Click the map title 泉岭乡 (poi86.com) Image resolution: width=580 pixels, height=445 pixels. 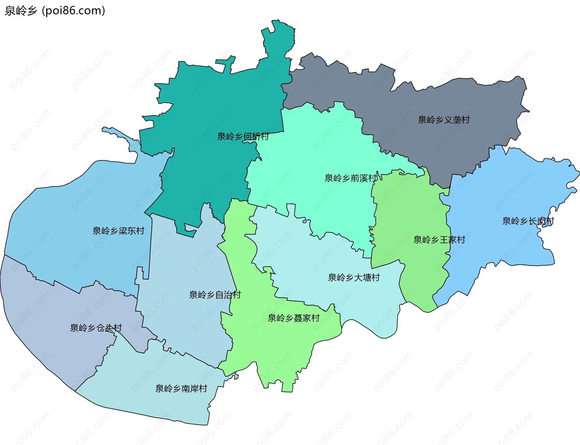[55, 11]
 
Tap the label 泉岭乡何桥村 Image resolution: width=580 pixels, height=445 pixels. [243, 137]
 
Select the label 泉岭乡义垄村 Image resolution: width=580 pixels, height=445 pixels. [443, 120]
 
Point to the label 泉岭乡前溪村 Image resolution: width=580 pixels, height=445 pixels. [351, 178]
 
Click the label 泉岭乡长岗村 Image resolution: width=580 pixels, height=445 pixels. [528, 221]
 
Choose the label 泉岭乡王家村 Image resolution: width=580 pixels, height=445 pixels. [439, 240]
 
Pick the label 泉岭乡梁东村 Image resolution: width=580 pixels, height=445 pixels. [118, 231]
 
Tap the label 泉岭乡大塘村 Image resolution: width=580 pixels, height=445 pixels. [354, 278]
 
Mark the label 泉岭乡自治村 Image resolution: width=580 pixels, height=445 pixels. [215, 295]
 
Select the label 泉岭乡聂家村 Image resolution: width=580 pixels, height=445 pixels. [294, 318]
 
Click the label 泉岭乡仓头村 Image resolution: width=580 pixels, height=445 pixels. [96, 328]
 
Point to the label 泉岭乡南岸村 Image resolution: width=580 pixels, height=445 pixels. [181, 388]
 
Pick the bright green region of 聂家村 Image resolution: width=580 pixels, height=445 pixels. [272, 348]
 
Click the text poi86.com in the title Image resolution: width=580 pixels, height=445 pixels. [73, 11]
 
